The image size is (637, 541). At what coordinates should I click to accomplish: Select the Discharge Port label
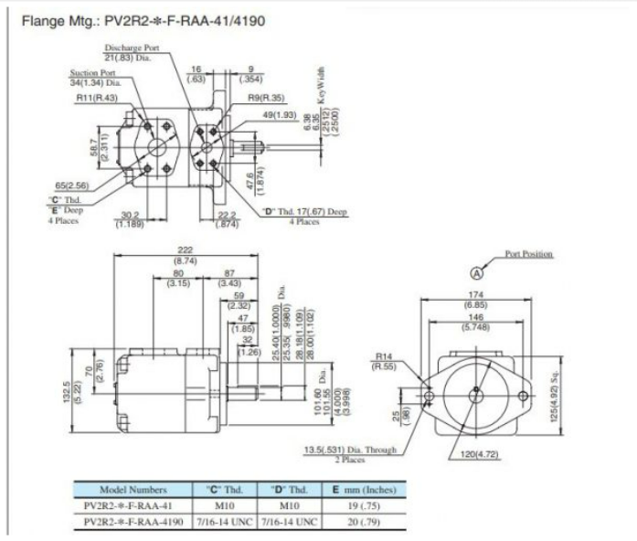[131, 48]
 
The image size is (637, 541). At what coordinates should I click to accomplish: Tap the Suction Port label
[94, 73]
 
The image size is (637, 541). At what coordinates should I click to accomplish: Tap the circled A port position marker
[475, 271]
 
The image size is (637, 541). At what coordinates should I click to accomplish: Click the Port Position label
[529, 254]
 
